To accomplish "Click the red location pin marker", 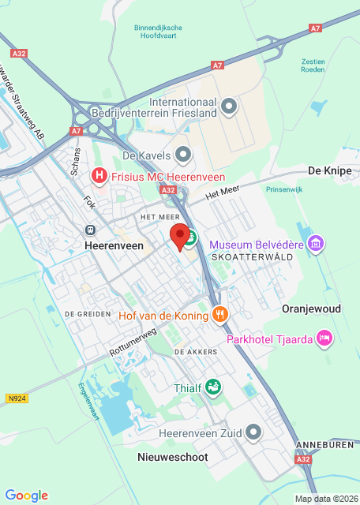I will point(181,236).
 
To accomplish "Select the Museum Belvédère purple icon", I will point(317,244).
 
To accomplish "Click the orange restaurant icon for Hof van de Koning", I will point(220,316).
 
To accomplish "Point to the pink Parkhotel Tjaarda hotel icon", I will point(324,339).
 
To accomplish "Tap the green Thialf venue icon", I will point(212,387).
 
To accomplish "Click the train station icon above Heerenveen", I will point(91,230).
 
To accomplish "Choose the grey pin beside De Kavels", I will point(184,155).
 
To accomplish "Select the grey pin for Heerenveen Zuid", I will point(253,432).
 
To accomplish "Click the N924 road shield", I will point(17,399).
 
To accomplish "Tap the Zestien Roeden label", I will point(313,65).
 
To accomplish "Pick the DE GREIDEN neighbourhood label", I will point(86,313).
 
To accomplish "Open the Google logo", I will point(26,495).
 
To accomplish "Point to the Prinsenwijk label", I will point(285,189).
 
